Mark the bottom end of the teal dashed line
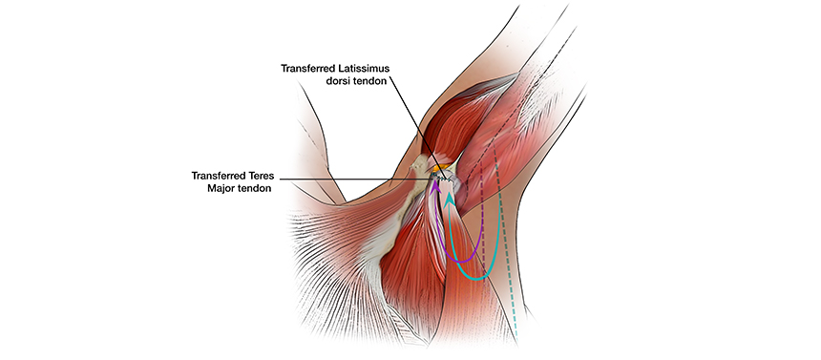coord(516,340)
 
